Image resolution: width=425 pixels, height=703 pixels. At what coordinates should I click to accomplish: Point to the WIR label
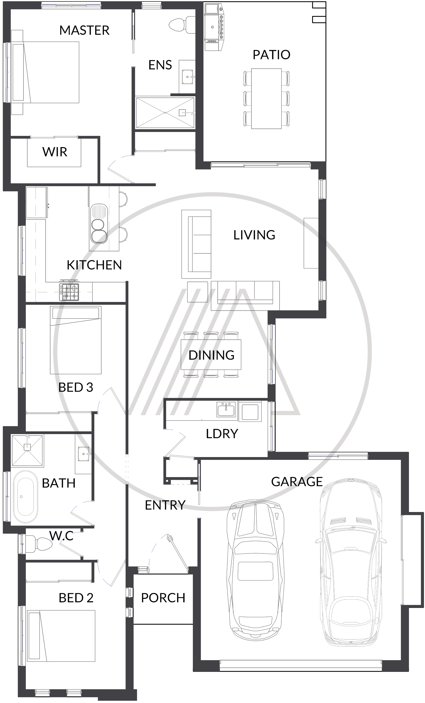[55, 152]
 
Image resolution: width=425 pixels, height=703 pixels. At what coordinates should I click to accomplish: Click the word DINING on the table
[211, 355]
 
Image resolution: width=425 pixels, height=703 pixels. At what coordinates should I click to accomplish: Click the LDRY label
[222, 434]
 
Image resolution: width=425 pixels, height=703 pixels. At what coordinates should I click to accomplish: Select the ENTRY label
[165, 505]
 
